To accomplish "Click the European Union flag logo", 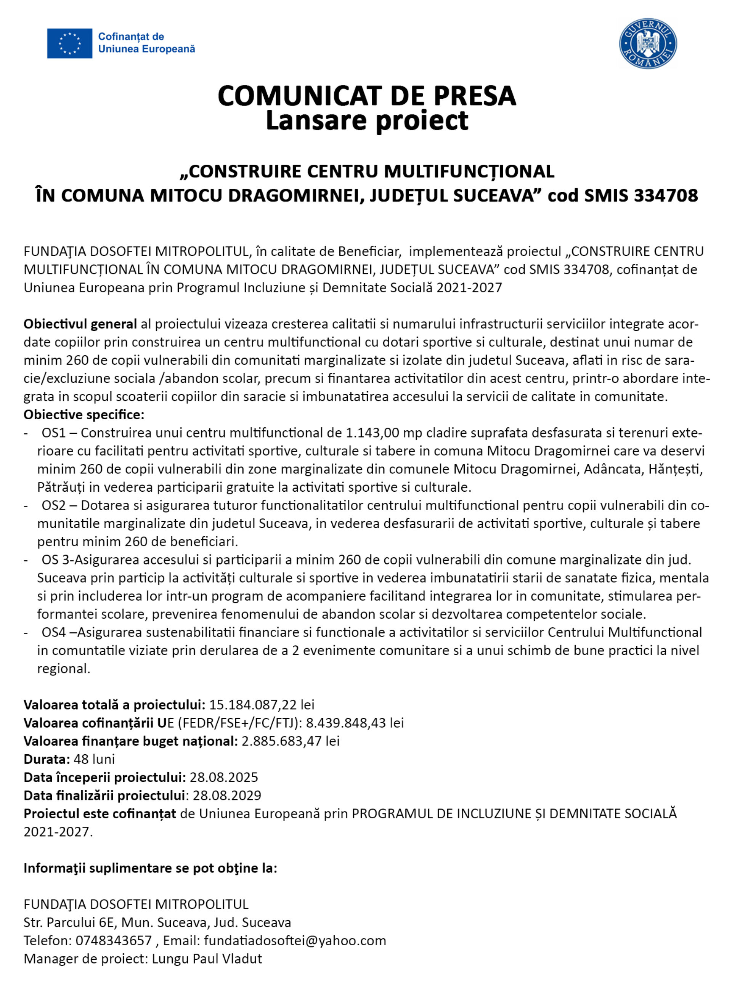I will point(69,43).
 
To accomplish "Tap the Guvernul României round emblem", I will point(647,43).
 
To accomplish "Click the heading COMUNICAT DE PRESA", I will point(366,96).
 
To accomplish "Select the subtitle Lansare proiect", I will point(366,120).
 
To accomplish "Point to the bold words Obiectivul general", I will point(80,324).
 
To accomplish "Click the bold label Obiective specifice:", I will point(84,415).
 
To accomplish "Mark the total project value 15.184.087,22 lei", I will point(262,705).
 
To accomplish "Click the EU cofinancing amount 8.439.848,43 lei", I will point(355,723).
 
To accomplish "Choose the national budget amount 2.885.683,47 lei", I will point(290,741).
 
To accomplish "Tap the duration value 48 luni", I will point(94,759).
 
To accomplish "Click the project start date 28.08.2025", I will point(224,778).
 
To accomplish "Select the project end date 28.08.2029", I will point(227,795).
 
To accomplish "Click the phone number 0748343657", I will point(114,940).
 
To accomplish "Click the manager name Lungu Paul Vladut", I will point(207,959).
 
